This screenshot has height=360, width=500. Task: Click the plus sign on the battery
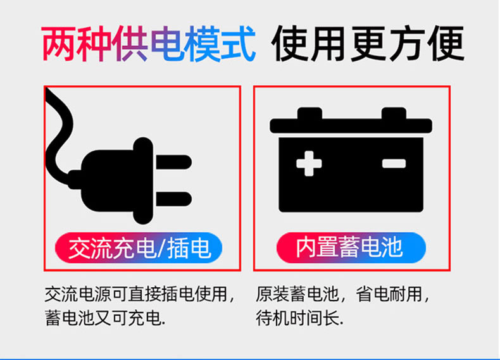309,164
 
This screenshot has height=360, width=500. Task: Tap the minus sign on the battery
394,164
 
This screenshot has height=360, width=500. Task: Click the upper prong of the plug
174,162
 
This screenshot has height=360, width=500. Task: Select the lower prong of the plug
174,199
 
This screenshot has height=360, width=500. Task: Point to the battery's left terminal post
309,113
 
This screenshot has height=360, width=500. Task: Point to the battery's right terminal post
394,113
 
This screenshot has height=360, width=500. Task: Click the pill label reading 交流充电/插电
139,248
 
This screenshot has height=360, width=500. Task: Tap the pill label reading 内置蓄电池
351,248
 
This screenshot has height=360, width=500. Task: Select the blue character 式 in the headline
237,44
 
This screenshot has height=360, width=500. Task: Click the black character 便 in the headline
446,44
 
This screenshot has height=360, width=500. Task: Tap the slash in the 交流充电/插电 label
161,248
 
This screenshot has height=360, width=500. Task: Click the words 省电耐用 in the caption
389,294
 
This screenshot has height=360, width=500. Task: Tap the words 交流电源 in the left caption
78,294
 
